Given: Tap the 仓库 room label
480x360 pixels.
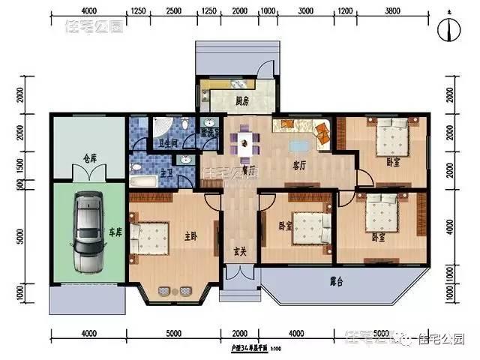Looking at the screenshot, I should coord(90,158).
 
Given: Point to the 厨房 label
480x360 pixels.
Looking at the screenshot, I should coord(241,100).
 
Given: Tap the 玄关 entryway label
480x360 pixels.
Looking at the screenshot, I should coord(240,250).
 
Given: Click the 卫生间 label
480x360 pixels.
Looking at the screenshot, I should coord(166,142).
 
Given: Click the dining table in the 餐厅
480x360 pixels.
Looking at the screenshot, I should coord(244,142).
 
